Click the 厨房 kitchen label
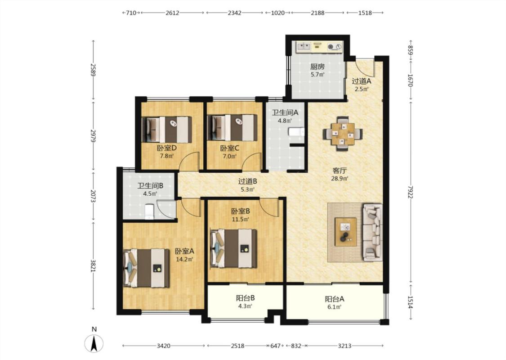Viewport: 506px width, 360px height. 317,67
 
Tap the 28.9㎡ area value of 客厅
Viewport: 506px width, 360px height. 340,179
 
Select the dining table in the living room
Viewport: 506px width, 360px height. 343,133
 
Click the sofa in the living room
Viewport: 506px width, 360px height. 372,232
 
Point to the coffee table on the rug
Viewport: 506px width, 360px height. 345,232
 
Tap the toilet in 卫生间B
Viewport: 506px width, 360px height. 149,211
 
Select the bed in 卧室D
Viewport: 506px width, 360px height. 167,130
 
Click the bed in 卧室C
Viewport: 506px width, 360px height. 233,127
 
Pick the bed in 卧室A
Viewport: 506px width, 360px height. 146,268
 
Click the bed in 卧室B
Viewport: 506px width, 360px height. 233,248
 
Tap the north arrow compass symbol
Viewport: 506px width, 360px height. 94,343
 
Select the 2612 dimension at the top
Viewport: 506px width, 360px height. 172,13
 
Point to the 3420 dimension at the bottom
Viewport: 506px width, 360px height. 163,346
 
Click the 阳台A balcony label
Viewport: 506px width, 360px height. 334,299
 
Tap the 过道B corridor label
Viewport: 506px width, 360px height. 247,181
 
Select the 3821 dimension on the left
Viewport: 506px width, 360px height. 93,265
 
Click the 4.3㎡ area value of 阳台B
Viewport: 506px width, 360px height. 245,306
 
